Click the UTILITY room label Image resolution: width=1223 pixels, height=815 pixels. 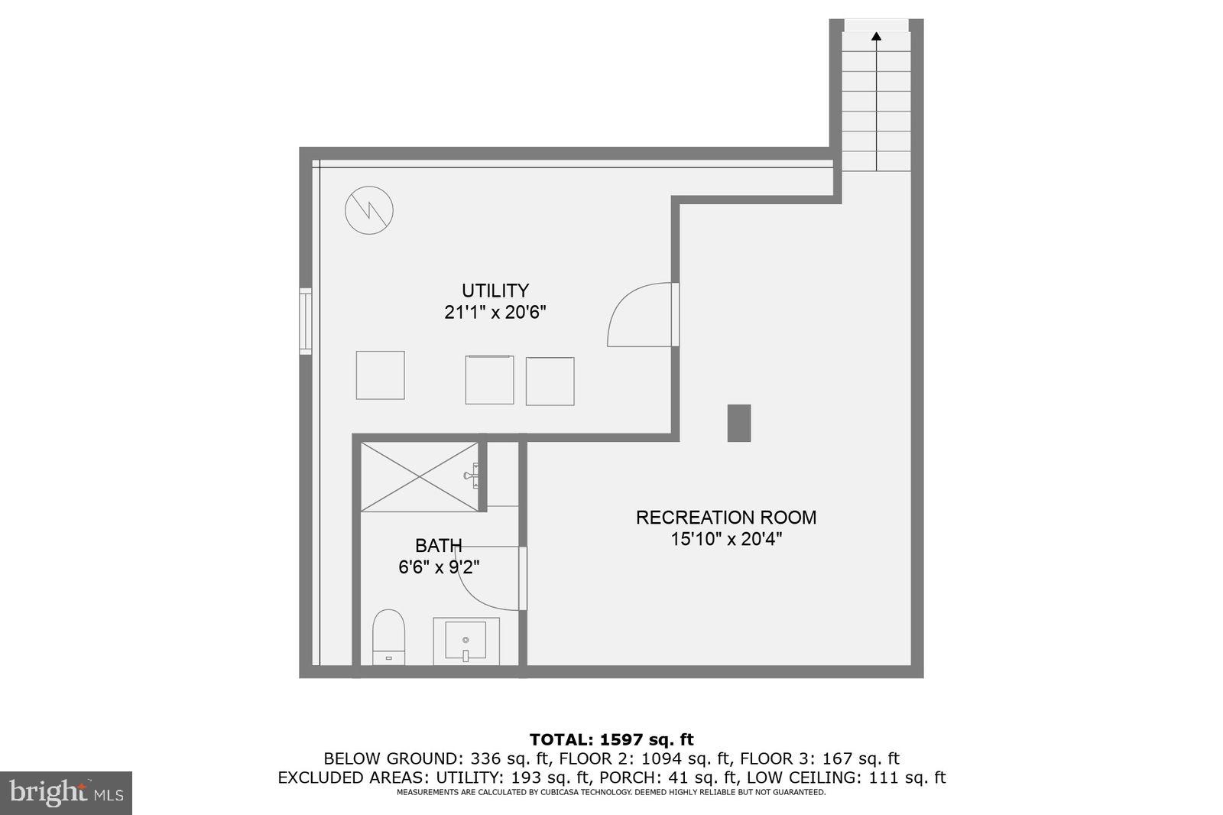[495, 291]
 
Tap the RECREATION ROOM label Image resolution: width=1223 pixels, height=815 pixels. [725, 518]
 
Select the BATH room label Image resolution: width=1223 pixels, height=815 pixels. [438, 546]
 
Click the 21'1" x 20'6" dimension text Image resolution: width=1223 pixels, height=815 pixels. [495, 313]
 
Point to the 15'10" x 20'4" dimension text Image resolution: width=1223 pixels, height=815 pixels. [725, 540]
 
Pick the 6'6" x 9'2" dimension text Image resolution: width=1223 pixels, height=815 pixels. [438, 567]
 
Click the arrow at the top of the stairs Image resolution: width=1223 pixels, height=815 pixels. [876, 35]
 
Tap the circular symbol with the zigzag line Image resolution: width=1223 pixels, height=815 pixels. [369, 210]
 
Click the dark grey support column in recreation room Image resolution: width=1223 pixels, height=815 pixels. [738, 423]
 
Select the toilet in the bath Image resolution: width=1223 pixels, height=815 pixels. [388, 636]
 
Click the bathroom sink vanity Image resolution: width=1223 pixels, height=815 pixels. [466, 641]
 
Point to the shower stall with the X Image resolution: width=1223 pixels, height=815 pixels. [419, 476]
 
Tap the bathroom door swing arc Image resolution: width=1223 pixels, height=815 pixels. [489, 580]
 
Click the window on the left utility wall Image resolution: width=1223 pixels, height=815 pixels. [305, 320]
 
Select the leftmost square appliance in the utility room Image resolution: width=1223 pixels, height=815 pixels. [380, 375]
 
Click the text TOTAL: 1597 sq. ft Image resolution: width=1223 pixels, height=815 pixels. [611, 739]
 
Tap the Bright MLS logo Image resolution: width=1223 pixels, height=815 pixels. [67, 793]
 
